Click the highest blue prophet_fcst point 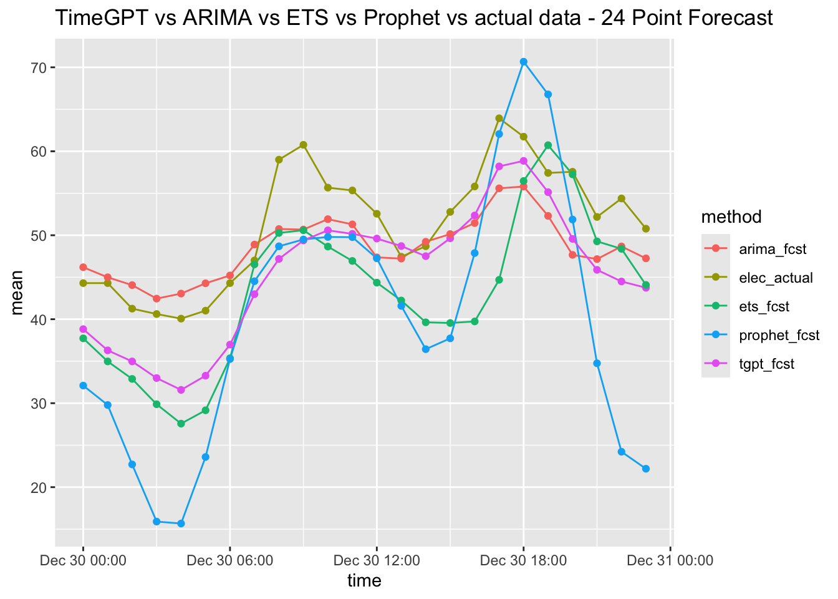[524, 62]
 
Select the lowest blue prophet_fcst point [181, 524]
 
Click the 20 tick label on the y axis [39, 487]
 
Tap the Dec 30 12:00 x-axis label [377, 560]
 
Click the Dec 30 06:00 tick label [230, 560]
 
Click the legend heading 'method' [731, 217]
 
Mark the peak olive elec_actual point [499, 118]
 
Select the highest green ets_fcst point [548, 145]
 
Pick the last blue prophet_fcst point [646, 469]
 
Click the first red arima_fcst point [83, 267]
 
